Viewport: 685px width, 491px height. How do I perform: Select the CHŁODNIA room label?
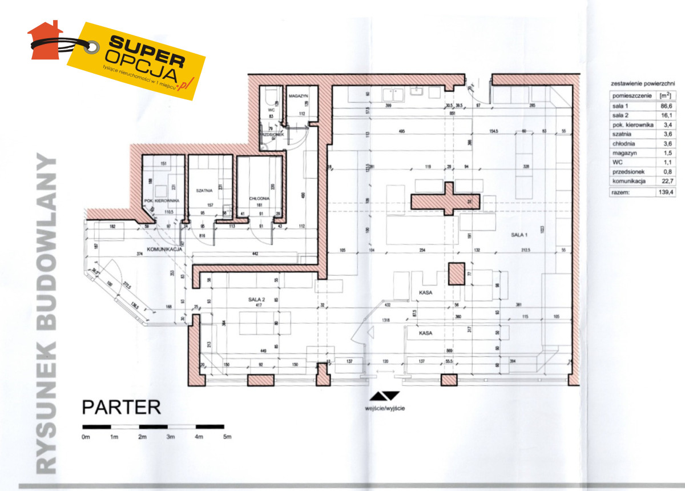click(260, 199)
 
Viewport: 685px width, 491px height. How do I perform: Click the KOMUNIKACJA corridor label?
click(164, 249)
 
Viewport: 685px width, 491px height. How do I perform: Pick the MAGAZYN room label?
click(298, 96)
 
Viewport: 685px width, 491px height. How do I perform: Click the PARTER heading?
click(122, 408)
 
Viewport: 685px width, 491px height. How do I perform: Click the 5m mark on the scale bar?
click(227, 437)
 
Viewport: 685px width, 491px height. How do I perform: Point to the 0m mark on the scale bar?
click(86, 437)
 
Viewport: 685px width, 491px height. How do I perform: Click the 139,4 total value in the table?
click(664, 193)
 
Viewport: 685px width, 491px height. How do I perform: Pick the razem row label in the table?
click(621, 193)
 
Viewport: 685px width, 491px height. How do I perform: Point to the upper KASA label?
click(424, 292)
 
